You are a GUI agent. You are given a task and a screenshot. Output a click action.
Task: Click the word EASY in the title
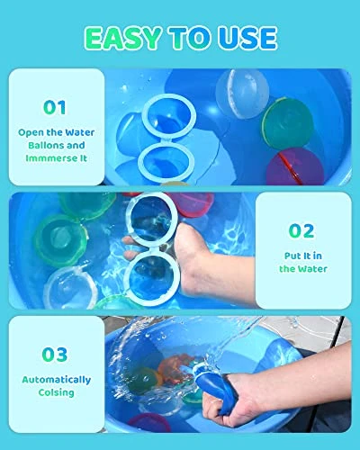point(123,38)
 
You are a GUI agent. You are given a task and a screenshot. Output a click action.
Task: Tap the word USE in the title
point(247,38)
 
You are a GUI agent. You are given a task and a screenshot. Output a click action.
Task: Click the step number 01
point(55,107)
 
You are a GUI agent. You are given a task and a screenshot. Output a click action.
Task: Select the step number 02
point(301,230)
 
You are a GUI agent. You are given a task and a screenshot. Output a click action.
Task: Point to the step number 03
point(55,355)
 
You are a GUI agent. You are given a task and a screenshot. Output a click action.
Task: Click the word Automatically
point(57,380)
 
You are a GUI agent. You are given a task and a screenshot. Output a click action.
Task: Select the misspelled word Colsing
point(56,392)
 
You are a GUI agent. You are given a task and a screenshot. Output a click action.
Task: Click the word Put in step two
point(292,256)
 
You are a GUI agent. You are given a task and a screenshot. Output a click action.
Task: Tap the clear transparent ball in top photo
point(242,94)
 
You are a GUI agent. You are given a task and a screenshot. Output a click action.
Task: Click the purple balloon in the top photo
point(295,166)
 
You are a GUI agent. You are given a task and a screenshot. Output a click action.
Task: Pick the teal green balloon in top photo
point(287,124)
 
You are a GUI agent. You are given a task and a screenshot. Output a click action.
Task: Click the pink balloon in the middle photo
point(192,204)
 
